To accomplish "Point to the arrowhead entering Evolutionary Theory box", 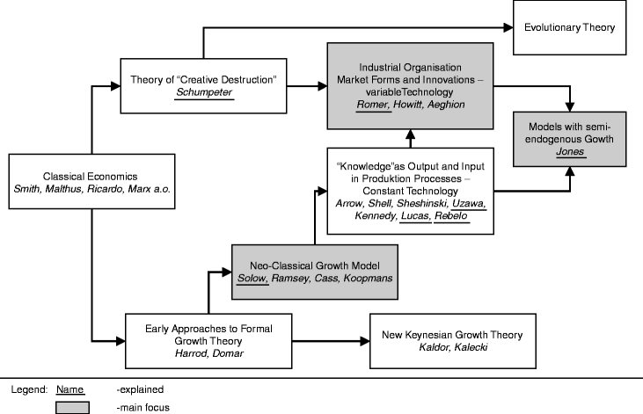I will [511, 28].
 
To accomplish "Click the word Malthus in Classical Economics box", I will [66, 189].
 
